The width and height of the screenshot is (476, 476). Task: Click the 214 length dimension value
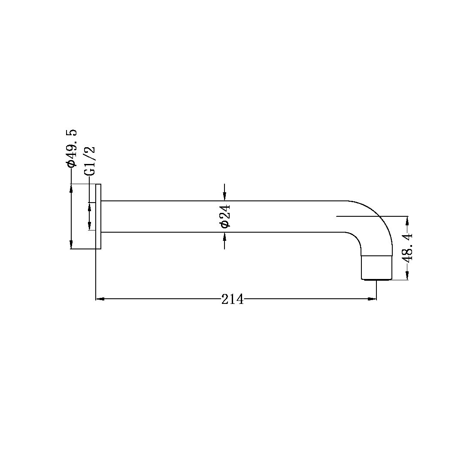(x=232, y=299)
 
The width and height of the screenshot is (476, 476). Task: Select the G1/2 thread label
(x=90, y=161)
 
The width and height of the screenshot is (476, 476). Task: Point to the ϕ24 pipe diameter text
(x=225, y=216)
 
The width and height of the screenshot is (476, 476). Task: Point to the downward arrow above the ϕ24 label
(x=224, y=196)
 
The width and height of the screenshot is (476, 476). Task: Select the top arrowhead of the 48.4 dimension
(x=407, y=221)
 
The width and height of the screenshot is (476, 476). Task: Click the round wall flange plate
(x=98, y=216)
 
